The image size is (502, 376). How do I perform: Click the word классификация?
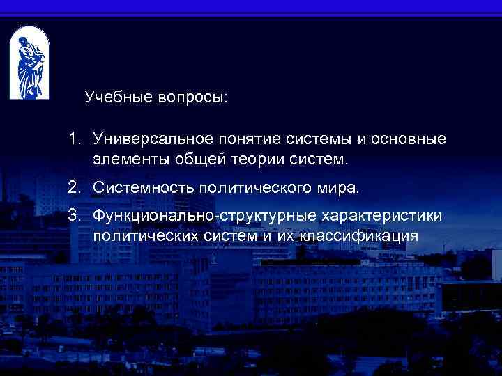360,236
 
